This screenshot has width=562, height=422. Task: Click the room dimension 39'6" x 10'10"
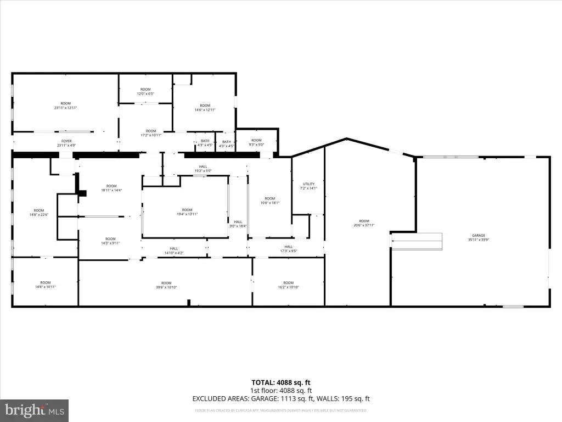click(x=166, y=285)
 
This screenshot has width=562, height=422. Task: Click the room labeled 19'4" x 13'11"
click(x=187, y=212)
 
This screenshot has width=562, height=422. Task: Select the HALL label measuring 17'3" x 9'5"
click(x=289, y=249)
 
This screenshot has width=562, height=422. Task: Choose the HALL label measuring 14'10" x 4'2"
click(x=174, y=251)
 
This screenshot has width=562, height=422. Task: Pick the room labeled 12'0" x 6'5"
click(x=145, y=91)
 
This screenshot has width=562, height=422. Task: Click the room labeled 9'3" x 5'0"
click(x=256, y=142)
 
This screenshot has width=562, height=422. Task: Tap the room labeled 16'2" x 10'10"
click(x=289, y=285)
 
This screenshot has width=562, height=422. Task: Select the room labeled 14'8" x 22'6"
click(x=38, y=212)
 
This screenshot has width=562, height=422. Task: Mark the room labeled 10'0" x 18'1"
click(x=269, y=201)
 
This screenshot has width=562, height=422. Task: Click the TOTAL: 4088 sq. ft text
click(x=281, y=382)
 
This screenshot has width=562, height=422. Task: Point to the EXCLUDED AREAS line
click(x=281, y=398)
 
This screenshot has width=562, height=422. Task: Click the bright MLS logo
click(x=34, y=409)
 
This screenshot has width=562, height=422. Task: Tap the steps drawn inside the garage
click(x=417, y=241)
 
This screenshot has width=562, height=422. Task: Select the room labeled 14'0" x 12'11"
click(x=205, y=108)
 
